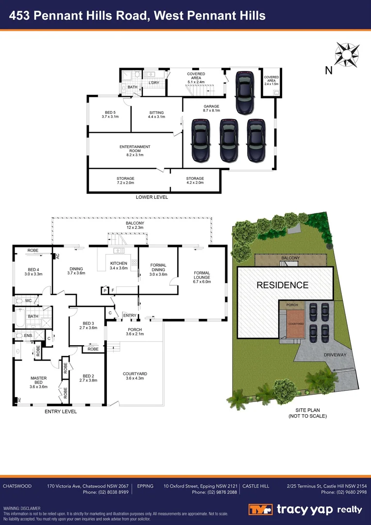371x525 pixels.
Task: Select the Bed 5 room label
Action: click(x=110, y=115)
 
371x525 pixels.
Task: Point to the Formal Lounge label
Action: click(x=202, y=277)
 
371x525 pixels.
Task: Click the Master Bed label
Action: click(x=38, y=381)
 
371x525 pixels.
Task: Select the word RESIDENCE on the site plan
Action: click(x=282, y=285)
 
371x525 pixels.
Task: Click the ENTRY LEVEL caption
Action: click(x=61, y=411)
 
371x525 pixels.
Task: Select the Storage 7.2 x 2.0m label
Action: click(x=125, y=180)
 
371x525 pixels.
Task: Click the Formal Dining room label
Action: click(x=158, y=267)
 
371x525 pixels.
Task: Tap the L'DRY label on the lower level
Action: click(x=154, y=83)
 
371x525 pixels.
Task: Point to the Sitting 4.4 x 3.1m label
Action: click(x=156, y=115)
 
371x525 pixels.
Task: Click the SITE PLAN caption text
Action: click(x=307, y=413)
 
